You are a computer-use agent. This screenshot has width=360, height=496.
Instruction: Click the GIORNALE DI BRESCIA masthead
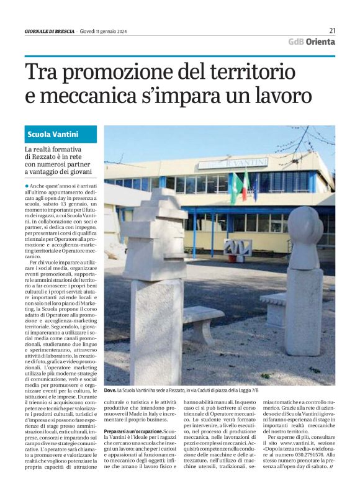50,31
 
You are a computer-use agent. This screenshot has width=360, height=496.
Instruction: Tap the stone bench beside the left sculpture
203,322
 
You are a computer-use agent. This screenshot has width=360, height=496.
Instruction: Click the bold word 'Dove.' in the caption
110,390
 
